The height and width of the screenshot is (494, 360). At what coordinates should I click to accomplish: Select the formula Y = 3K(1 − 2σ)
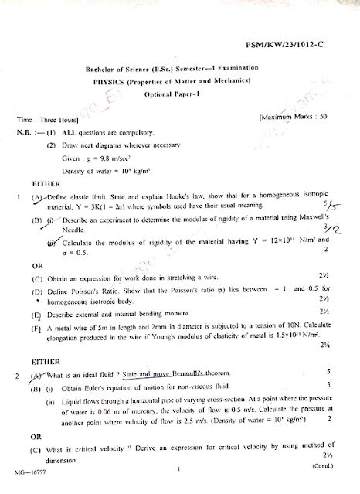click(101, 208)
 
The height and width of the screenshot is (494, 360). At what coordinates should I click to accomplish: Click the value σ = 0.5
click(80, 253)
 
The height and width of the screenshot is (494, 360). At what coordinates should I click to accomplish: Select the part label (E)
click(36, 315)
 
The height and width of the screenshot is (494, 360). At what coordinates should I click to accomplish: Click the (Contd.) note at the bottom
click(324, 467)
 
